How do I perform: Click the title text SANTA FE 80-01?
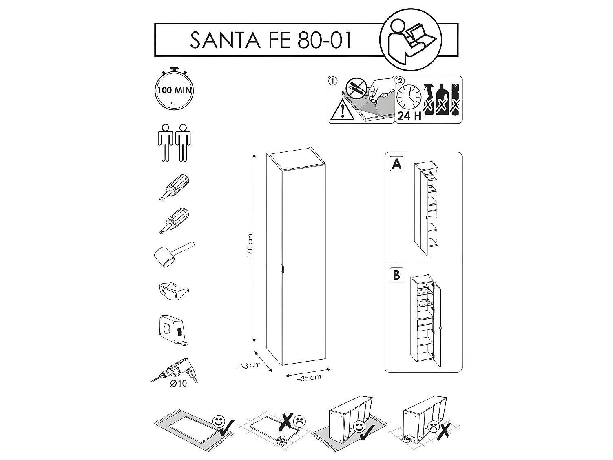[271, 40]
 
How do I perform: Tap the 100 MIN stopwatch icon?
[174, 90]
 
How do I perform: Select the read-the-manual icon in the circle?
[410, 40]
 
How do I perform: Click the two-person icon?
[174, 142]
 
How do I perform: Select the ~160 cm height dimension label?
[250, 248]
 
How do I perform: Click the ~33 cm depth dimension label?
[248, 366]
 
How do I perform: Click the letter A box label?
[396, 164]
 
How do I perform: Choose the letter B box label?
[396, 275]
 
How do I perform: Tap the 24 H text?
[409, 116]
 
